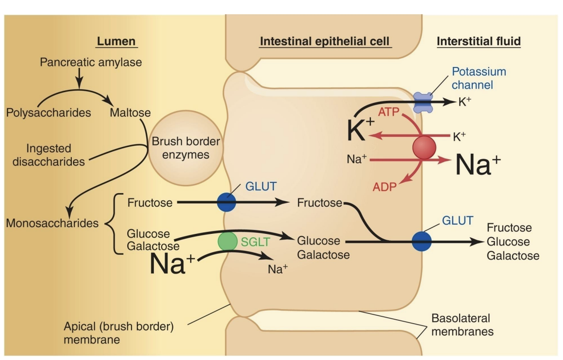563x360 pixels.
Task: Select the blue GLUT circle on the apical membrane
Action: point(226,202)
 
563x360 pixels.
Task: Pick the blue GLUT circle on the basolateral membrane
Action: point(421,241)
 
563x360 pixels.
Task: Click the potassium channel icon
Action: point(423,103)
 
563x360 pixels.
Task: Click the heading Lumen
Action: point(116,41)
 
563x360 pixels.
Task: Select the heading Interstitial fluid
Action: point(479,41)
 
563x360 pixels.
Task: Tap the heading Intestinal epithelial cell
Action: point(324,41)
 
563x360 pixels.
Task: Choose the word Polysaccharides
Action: point(49,113)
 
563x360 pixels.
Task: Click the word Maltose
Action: point(130,113)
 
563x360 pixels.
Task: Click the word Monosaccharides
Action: point(52,224)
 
